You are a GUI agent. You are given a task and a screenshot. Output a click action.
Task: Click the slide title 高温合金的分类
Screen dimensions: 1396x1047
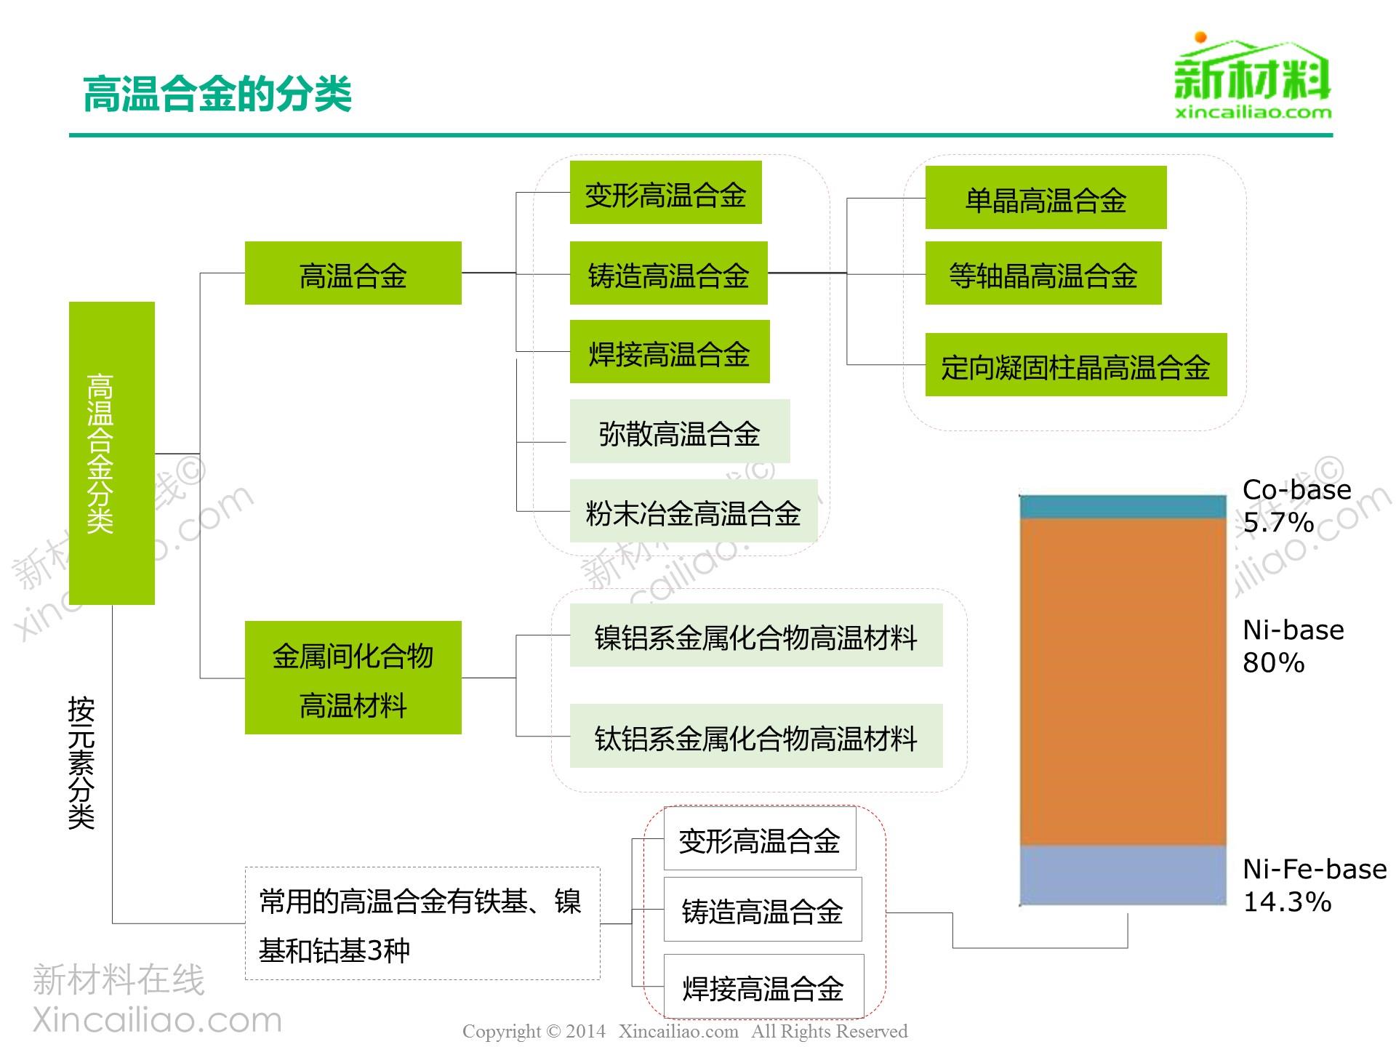[x=217, y=94]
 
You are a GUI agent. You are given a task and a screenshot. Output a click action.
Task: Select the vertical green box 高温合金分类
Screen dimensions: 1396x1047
[x=112, y=453]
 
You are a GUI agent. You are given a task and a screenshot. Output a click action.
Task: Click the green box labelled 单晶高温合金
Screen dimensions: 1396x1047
[x=1046, y=198]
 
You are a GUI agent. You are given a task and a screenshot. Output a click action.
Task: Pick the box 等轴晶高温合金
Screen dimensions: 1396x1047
[x=1043, y=273]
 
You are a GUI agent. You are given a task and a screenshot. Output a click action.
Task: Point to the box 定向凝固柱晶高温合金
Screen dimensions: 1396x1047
[x=1076, y=365]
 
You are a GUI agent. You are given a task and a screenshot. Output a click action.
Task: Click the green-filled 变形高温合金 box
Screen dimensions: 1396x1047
[x=665, y=193]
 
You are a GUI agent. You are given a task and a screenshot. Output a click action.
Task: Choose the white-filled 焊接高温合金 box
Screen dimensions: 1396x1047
[x=763, y=987]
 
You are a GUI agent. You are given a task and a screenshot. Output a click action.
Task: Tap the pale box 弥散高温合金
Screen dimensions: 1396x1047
[x=680, y=431]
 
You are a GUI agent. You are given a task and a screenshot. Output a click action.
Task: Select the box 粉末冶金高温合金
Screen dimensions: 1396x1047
[x=694, y=510]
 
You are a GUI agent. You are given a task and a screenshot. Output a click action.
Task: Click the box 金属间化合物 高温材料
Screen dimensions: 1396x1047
[x=353, y=678]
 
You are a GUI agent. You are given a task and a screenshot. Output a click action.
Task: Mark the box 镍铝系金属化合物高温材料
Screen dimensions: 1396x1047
[x=756, y=635]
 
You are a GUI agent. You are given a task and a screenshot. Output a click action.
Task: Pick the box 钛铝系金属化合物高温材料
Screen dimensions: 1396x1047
[x=756, y=736]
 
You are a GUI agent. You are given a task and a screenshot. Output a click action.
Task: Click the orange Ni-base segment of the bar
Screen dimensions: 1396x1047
[x=1123, y=682]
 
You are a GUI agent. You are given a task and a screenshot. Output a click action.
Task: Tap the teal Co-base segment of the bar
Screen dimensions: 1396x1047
[x=1123, y=507]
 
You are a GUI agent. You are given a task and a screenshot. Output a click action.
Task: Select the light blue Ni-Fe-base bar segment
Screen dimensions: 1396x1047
[x=1123, y=875]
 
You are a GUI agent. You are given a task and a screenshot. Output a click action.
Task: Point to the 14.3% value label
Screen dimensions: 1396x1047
[x=1287, y=902]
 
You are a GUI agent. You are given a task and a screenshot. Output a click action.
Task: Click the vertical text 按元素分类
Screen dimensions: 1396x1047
[x=81, y=763]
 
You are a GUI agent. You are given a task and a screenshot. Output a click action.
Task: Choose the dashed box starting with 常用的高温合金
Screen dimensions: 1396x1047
[x=422, y=923]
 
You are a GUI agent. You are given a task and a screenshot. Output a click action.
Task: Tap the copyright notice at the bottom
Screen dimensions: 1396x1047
[x=685, y=1031]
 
